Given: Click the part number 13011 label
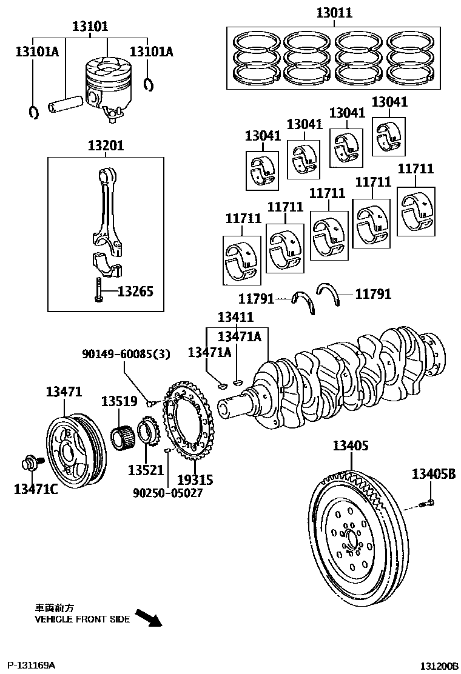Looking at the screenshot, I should (334, 13).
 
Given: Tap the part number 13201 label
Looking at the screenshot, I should (106, 146).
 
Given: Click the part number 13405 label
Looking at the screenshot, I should (350, 446).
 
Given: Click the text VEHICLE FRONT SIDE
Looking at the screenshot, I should (82, 619).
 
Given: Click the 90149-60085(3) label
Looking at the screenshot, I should (126, 354).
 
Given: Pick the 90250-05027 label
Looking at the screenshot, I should (167, 493).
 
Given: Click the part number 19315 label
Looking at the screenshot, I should (195, 480).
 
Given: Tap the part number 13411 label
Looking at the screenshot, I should (235, 317).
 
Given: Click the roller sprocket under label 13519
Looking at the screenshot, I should (124, 436).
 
